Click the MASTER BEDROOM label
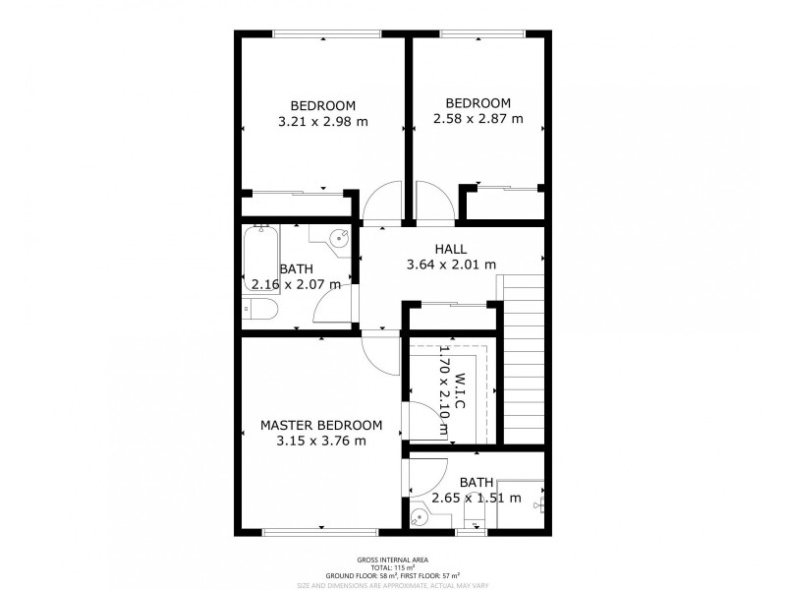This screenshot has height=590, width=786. point(320,425)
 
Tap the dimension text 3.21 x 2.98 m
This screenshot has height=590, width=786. point(322,122)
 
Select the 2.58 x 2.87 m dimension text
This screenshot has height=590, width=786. point(477,119)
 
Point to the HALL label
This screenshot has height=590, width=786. point(451,249)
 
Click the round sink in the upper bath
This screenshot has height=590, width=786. point(337,238)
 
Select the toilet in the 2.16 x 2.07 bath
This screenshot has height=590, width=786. point(260,311)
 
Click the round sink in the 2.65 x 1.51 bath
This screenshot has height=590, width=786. point(421,513)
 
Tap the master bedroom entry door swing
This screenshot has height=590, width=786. point(379,350)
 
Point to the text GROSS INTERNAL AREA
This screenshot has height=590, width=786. point(393,559)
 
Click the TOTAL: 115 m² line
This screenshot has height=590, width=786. point(393,567)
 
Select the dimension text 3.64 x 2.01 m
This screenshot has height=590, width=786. point(451,265)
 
